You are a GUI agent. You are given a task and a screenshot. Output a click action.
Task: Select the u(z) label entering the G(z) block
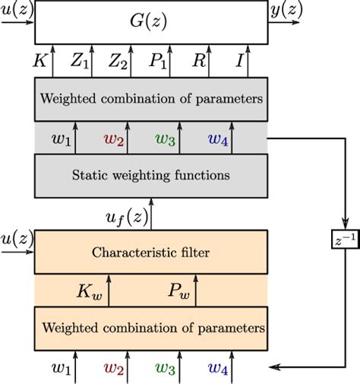point(15,9)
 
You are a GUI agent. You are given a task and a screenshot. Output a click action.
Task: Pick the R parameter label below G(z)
point(199,61)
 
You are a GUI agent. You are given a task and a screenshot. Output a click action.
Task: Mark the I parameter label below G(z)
point(239,61)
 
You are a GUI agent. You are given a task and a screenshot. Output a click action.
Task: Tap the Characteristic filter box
point(151,252)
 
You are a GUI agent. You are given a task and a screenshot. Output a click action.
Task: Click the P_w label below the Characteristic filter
point(180,290)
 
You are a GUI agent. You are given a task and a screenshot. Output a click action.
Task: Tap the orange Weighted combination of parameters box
point(151,328)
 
